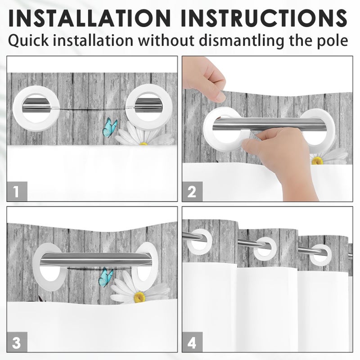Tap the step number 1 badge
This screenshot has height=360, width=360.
(x=17, y=191)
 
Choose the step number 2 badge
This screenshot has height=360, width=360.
(x=193, y=192)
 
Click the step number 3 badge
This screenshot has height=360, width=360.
(x=17, y=342)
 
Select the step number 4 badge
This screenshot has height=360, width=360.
(x=193, y=342)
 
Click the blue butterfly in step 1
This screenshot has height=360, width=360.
(x=110, y=128)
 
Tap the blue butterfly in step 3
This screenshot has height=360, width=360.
(x=106, y=277)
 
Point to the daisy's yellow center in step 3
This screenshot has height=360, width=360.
(x=139, y=297)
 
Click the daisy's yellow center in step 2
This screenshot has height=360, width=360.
(x=317, y=161)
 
